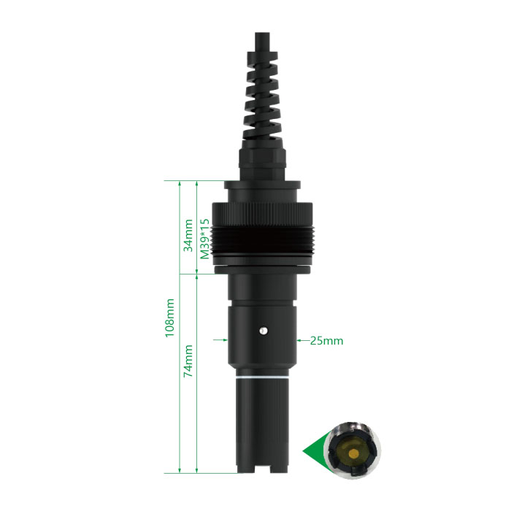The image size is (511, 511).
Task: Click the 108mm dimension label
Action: coord(170,318)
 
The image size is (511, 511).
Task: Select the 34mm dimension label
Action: coord(188,235)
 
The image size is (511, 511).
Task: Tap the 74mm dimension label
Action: coord(188,361)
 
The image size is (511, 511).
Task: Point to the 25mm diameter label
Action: coord(326,341)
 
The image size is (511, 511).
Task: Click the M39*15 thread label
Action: coord(205,239)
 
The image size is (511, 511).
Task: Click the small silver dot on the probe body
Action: coord(263,331)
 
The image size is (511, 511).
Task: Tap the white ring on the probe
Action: coord(262,377)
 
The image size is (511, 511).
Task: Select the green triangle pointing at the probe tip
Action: coord(315,451)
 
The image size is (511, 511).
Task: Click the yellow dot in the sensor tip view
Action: coord(353,453)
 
